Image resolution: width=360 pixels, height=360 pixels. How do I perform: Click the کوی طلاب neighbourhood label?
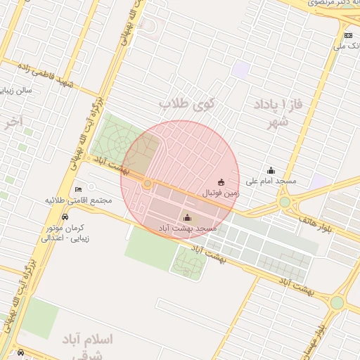point(188,103)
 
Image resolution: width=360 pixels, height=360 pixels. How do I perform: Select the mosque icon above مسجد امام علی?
point(271,170)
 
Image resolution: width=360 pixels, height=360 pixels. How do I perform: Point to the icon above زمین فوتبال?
point(221,181)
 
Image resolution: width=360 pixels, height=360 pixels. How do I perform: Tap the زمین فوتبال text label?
point(221,192)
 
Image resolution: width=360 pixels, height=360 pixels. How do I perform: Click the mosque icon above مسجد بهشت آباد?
point(186,217)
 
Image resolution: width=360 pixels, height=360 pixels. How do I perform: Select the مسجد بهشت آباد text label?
point(186,229)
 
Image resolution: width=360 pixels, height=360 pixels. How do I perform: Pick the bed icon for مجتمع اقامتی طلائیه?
point(78,189)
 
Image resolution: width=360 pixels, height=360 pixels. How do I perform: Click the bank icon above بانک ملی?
point(348,35)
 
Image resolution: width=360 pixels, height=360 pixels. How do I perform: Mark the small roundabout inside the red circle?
point(148,184)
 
